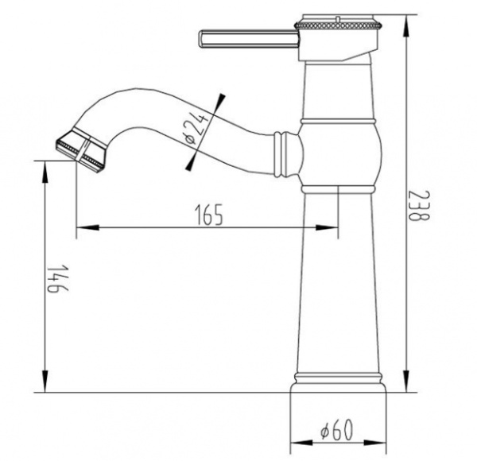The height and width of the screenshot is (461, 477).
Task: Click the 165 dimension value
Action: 208,215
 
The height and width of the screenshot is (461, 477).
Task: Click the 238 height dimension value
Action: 419,205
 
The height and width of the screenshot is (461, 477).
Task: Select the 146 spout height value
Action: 57,278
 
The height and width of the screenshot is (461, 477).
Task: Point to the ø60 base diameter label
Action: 337,430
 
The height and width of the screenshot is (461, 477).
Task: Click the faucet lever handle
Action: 249,39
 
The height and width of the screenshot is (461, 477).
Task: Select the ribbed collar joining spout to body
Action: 281,154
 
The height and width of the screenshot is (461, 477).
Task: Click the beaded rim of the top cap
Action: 337,25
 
